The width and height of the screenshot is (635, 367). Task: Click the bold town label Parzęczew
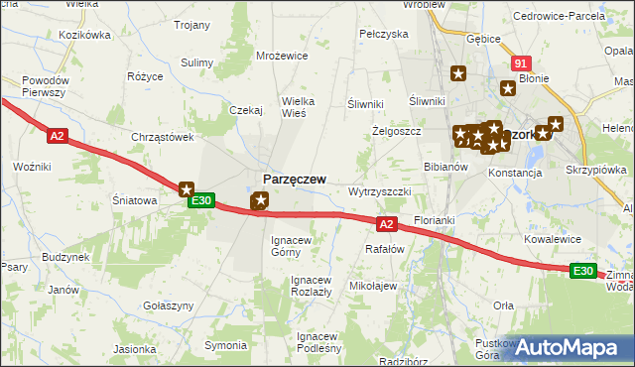tap(295, 179)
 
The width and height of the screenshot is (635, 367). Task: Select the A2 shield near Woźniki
tap(57, 136)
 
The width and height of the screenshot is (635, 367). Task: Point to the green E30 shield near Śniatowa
tap(201, 201)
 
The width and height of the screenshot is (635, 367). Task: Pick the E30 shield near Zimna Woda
tap(583, 271)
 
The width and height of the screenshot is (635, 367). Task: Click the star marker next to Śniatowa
tap(186, 188)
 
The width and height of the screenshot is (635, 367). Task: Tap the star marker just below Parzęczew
tap(260, 201)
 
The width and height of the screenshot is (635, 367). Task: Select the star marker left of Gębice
tap(458, 72)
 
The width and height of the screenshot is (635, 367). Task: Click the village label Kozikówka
tap(84, 35)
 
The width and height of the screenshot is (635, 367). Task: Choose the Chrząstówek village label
tap(162, 137)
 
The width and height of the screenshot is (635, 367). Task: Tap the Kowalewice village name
tap(553, 239)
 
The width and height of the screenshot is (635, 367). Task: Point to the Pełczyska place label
tap(384, 34)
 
